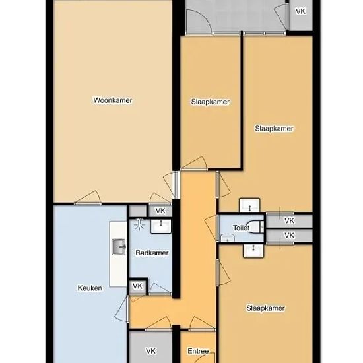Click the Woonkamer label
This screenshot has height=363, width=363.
[x=113, y=100]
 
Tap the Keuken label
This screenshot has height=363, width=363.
[x=90, y=288]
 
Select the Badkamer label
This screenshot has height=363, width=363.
[x=152, y=253]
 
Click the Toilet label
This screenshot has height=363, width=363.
[x=241, y=228]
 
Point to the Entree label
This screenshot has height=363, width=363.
[x=198, y=351]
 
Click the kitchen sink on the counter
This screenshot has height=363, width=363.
[x=119, y=247]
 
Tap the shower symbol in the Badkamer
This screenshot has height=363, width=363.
[x=139, y=224]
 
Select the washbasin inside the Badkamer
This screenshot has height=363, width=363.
[x=161, y=226]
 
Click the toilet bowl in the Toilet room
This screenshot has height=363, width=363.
[x=256, y=226]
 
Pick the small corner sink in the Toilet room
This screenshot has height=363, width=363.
[x=227, y=238]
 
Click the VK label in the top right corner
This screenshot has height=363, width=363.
[x=300, y=11]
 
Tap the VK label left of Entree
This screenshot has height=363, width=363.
[x=150, y=351]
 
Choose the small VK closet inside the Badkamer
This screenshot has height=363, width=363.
[x=137, y=286]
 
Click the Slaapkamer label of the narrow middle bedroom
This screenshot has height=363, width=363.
[x=210, y=102]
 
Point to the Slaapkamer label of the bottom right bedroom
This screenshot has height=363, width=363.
[x=265, y=308]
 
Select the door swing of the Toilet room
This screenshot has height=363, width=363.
[x=211, y=228]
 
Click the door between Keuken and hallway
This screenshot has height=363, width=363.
[x=121, y=309]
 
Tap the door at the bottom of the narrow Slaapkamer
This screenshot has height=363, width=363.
[x=194, y=163]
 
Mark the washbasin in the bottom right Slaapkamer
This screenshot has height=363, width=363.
[x=253, y=250]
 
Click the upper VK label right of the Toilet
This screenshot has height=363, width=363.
[x=289, y=220]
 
